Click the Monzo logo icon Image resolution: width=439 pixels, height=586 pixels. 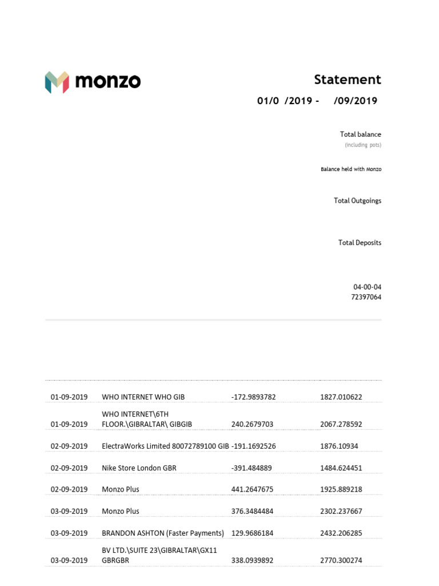point(57,82)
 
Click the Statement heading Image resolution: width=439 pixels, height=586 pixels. point(347,80)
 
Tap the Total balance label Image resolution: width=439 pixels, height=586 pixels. point(360,134)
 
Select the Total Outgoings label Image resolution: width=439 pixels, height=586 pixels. point(357,201)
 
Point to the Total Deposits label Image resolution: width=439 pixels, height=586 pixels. point(360,243)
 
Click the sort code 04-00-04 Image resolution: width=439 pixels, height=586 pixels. point(367,287)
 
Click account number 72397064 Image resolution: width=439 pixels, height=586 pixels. point(367,298)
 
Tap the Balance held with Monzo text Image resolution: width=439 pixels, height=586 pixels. point(351,169)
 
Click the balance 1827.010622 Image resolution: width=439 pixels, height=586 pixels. point(341,397)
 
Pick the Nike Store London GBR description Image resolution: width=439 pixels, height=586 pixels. point(139,468)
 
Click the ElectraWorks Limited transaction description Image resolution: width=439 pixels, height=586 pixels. point(165,446)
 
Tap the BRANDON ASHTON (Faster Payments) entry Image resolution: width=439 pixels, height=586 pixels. point(162,533)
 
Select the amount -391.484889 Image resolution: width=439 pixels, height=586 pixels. point(252,468)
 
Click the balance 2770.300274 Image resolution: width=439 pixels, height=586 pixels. point(341,561)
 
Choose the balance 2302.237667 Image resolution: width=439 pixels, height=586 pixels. point(341,512)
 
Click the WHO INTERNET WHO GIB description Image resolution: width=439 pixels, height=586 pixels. point(143,397)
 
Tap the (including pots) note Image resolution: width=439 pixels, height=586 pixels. point(363,145)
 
